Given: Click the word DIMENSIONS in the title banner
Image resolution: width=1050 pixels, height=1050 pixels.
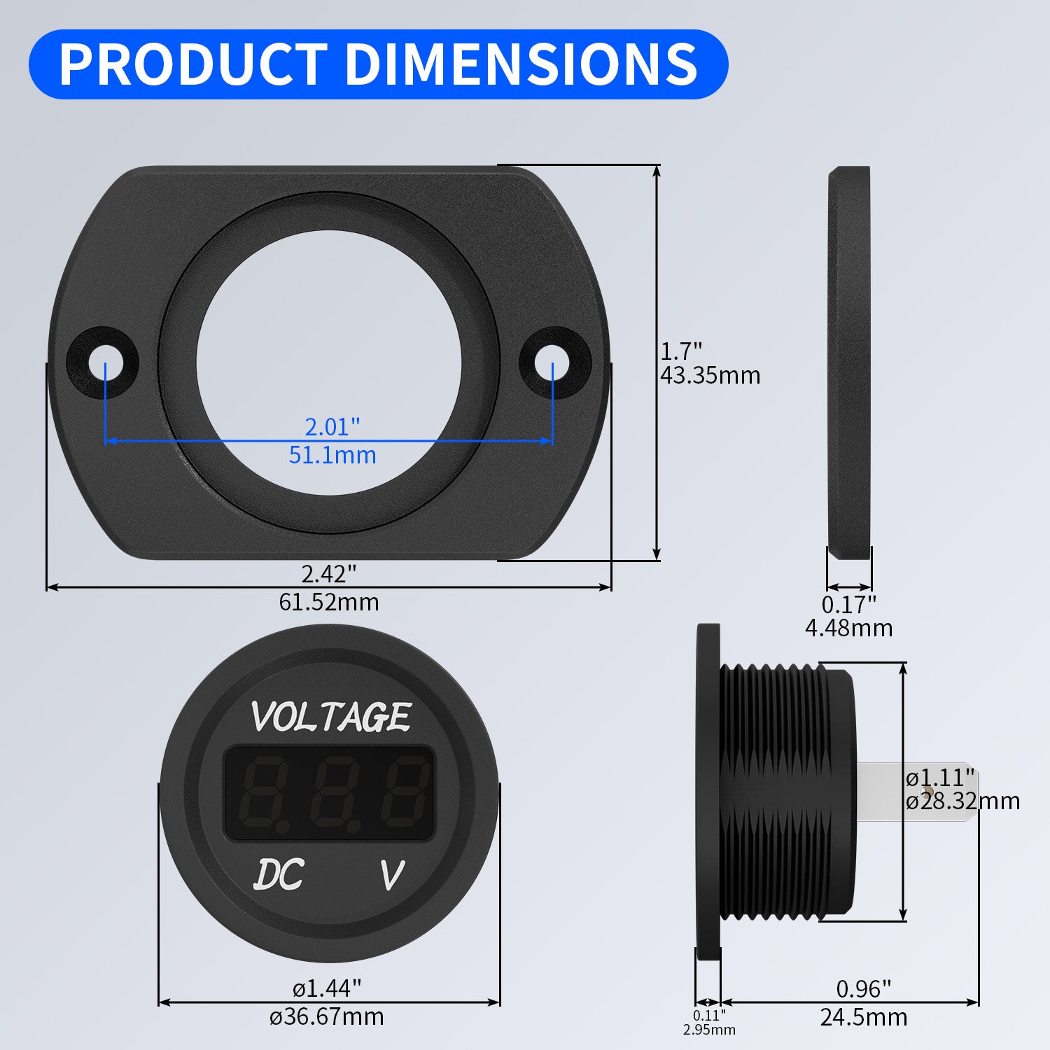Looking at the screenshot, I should pyautogui.click(x=521, y=64).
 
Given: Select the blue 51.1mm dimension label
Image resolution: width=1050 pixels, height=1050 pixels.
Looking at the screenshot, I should pyautogui.click(x=332, y=455).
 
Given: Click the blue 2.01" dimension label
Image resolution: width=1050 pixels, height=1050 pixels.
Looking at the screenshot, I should pyautogui.click(x=332, y=426).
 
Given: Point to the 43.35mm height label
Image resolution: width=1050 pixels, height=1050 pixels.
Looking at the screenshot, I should pyautogui.click(x=710, y=375).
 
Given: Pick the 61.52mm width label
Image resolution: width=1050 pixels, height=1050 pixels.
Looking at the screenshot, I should pyautogui.click(x=329, y=602).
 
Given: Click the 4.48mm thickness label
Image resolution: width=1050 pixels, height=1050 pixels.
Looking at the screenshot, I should pyautogui.click(x=848, y=628).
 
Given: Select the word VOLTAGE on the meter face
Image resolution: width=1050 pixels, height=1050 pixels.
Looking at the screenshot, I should pyautogui.click(x=330, y=717).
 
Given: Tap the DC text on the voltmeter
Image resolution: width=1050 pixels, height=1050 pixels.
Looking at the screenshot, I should pyautogui.click(x=279, y=875).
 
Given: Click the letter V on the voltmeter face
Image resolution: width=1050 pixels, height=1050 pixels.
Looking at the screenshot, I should pyautogui.click(x=391, y=875).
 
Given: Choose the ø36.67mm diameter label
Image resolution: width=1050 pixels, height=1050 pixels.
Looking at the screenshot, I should pyautogui.click(x=328, y=1016).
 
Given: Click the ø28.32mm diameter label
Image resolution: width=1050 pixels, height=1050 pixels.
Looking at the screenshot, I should pyautogui.click(x=962, y=801).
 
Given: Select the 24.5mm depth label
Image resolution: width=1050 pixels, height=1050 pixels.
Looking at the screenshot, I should pyautogui.click(x=864, y=1017).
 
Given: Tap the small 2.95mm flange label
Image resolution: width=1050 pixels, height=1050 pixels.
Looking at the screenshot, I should pyautogui.click(x=709, y=1030).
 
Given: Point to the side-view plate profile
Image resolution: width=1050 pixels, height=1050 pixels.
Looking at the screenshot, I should pyautogui.click(x=849, y=363).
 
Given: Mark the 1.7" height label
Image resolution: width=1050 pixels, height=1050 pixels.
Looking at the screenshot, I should pyautogui.click(x=681, y=351).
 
